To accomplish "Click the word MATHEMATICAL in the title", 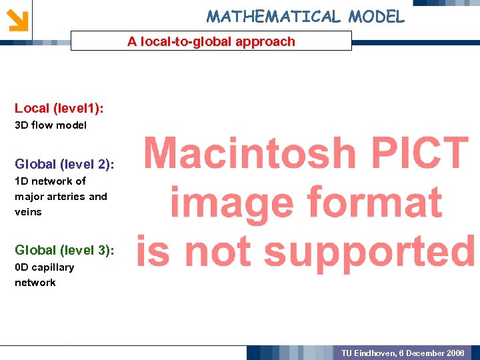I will [274, 16].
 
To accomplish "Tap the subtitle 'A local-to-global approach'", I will [211, 41].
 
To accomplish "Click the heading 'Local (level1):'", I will [59, 107].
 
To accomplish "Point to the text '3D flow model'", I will [51, 125].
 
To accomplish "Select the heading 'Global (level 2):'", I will [64, 163].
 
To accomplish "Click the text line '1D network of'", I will [51, 181].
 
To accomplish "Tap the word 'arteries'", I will [66, 196].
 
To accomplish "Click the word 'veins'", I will [28, 211].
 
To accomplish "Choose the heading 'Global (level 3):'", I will [64, 250].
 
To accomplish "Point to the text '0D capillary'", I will [45, 267].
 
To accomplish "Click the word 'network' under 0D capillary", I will [35, 282].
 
